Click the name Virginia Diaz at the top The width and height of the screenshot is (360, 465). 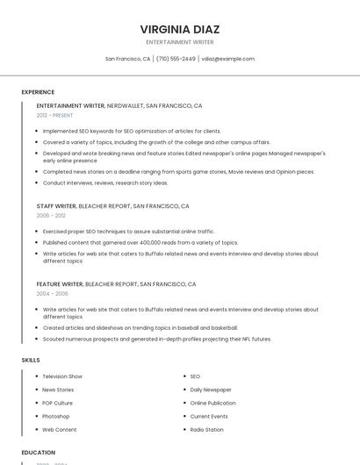pyautogui.click(x=180, y=29)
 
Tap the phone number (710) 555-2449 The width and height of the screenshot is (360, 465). pyautogui.click(x=176, y=59)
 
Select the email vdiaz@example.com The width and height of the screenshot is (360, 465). pyautogui.click(x=227, y=59)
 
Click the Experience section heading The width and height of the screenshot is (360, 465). pyautogui.click(x=38, y=92)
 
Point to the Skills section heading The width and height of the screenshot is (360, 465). pyautogui.click(x=31, y=360)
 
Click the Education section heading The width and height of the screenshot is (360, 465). pyautogui.click(x=38, y=453)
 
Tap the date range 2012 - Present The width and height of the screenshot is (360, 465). pyautogui.click(x=54, y=115)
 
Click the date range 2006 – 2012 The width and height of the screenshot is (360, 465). pyautogui.click(x=51, y=215)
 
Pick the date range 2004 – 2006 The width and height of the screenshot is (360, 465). pyautogui.click(x=52, y=294)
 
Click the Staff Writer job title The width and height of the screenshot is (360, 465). pyautogui.click(x=56, y=206)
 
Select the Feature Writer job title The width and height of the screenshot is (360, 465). pyautogui.click(x=60, y=284)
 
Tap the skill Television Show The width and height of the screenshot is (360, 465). pyautogui.click(x=62, y=376)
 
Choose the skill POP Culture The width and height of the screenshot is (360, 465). pyautogui.click(x=57, y=403)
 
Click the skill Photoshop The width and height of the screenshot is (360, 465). pyautogui.click(x=56, y=416)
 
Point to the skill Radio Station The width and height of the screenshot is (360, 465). pyautogui.click(x=207, y=430)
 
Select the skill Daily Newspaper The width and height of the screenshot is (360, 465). pyautogui.click(x=211, y=390)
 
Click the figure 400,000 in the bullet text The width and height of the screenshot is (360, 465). pyautogui.click(x=128, y=242)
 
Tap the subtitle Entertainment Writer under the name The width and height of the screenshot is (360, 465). pyautogui.click(x=180, y=42)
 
